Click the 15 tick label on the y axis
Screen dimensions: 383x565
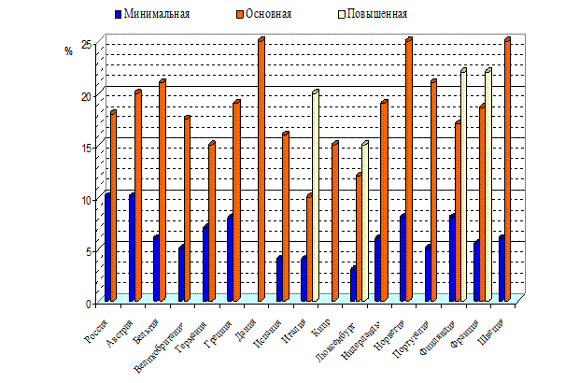[85, 148]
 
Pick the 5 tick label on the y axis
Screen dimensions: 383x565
[88, 251]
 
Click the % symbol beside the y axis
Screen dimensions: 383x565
[68, 51]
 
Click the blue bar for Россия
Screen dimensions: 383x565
[107, 248]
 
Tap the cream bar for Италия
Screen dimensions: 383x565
[316, 196]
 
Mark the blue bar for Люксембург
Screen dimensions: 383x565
[353, 284]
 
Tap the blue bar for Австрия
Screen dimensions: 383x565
[132, 248]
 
